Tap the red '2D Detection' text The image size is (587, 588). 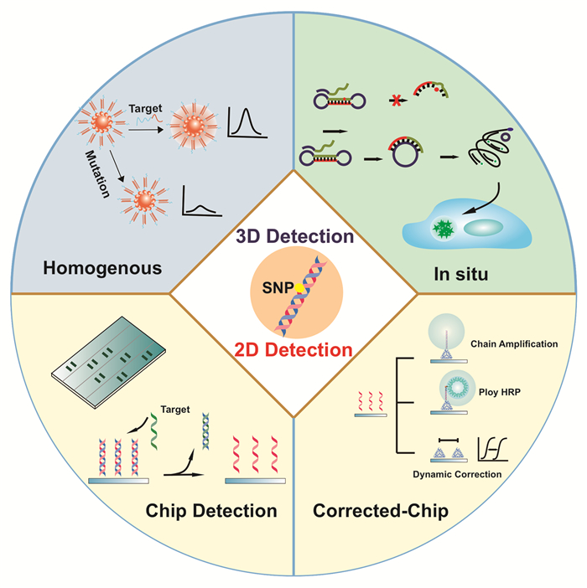(293, 348)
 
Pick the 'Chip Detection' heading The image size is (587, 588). (211, 509)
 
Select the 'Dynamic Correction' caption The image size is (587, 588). (458, 474)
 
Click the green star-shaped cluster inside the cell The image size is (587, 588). (442, 228)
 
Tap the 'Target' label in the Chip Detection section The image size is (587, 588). (176, 410)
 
